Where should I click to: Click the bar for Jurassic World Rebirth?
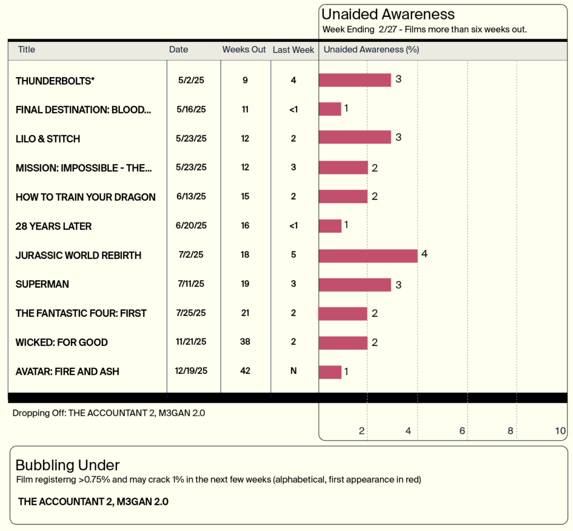click(368, 256)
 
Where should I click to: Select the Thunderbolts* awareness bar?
click(355, 80)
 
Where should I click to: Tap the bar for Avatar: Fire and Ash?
click(330, 372)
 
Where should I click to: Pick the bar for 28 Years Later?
click(330, 226)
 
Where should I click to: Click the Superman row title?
click(43, 284)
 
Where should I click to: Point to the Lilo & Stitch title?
click(48, 139)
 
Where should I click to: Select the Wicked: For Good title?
click(62, 342)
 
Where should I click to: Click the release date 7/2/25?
click(191, 255)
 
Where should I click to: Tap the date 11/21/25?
click(191, 342)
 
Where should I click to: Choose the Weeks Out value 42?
click(245, 372)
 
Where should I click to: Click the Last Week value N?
click(293, 372)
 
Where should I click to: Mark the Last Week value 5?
click(293, 255)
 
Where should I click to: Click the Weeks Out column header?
click(244, 50)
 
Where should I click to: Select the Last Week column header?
click(293, 50)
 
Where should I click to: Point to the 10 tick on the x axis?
click(560, 431)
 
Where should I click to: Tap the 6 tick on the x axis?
click(462, 431)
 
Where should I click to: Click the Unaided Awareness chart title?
click(388, 15)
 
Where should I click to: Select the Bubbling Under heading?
click(67, 465)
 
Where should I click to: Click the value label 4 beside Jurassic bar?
click(424, 254)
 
